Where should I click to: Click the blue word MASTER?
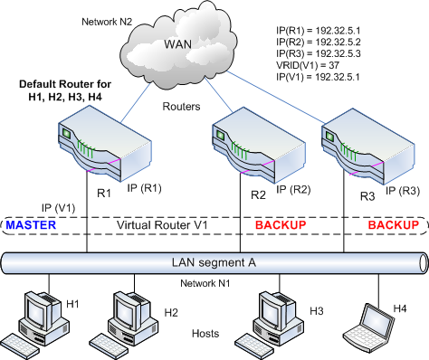pos(32,223)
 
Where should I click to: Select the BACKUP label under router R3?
pos(391,224)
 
